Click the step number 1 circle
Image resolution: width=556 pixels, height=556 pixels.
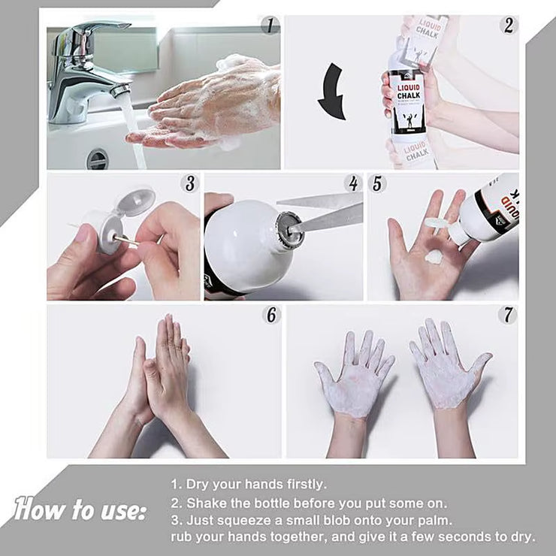pyautogui.click(x=270, y=26)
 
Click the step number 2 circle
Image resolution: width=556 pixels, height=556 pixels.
pyautogui.click(x=509, y=26)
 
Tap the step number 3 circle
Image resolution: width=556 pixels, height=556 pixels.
pyautogui.click(x=190, y=183)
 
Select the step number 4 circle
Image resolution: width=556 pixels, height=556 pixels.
pyautogui.click(x=352, y=183)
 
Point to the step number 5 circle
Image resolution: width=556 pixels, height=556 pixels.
pyautogui.click(x=378, y=183)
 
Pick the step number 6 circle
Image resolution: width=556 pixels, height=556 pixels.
pyautogui.click(x=270, y=315)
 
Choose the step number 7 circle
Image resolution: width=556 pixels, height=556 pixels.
pyautogui.click(x=508, y=315)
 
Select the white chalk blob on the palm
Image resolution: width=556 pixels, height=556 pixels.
pyautogui.click(x=434, y=256)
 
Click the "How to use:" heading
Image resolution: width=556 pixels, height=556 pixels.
pyautogui.click(x=80, y=510)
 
